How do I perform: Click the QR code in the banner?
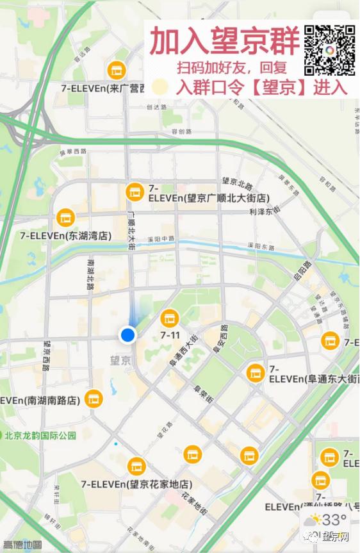(329, 50)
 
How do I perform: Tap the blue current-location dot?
(128, 334)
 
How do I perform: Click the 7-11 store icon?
(169, 317)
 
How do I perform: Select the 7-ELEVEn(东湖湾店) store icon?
(65, 218)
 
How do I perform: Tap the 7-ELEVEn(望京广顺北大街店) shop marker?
(135, 190)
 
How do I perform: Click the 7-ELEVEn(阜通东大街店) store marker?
(255, 370)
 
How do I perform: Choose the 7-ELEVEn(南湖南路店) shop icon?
(94, 399)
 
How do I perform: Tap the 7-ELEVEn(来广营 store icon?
(116, 69)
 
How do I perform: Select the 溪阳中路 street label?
(161, 238)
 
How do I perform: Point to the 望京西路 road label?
(45, 356)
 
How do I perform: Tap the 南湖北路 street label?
(90, 274)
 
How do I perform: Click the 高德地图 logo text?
(22, 545)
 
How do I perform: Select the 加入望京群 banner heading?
(224, 42)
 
